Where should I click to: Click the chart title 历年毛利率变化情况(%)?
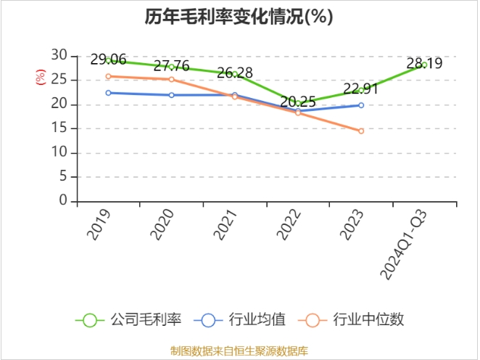coord(239,17)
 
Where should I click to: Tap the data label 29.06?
coord(108,60)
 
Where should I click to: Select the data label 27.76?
coord(171,66)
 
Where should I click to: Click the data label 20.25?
coord(297,102)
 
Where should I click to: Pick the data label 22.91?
coord(360,89)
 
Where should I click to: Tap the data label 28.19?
coord(424,64)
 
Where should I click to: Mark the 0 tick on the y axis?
coord(63,201)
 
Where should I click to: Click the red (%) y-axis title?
coord(41,76)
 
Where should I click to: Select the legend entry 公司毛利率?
coord(131,319)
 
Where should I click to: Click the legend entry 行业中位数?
coord(355,319)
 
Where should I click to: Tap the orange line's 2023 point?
coord(360,131)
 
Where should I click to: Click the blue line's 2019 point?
coord(108,93)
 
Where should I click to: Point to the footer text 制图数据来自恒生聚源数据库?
coord(239,351)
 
